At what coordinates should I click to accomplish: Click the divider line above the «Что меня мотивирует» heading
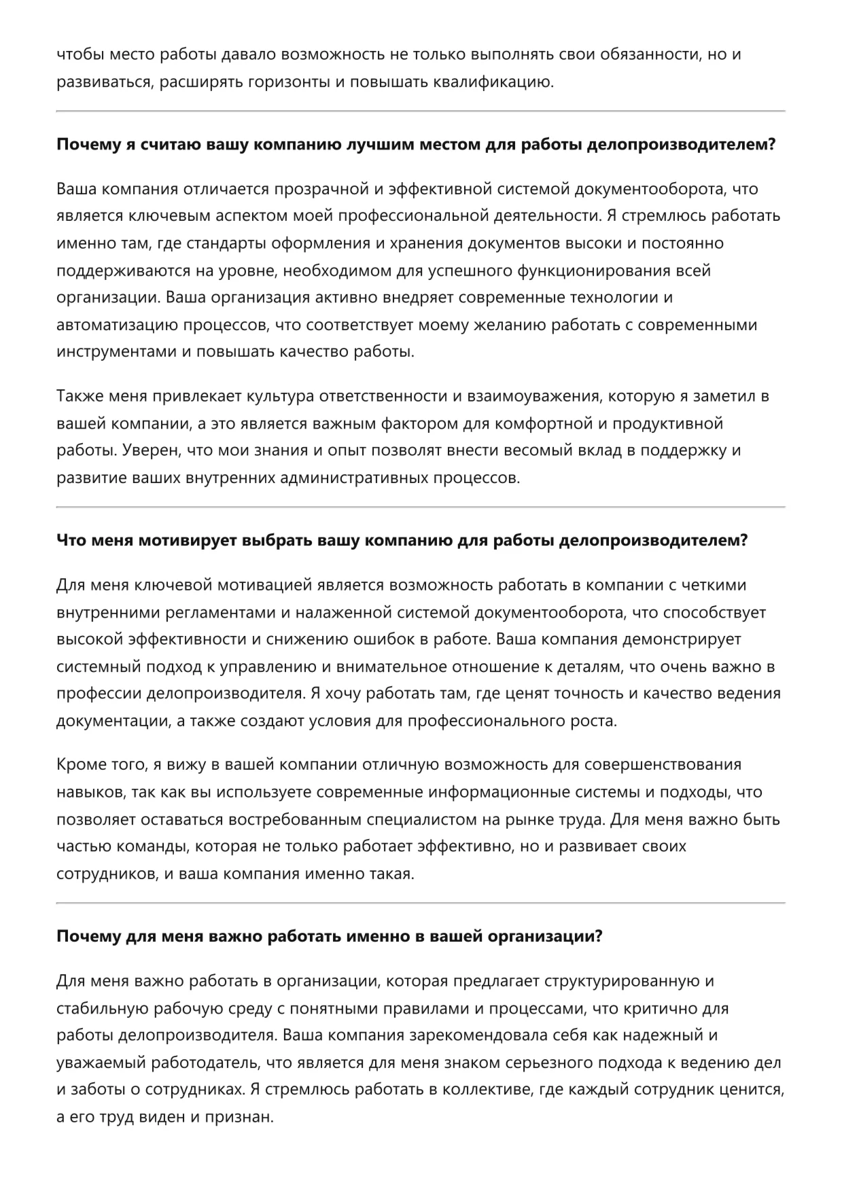coord(421,507)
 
